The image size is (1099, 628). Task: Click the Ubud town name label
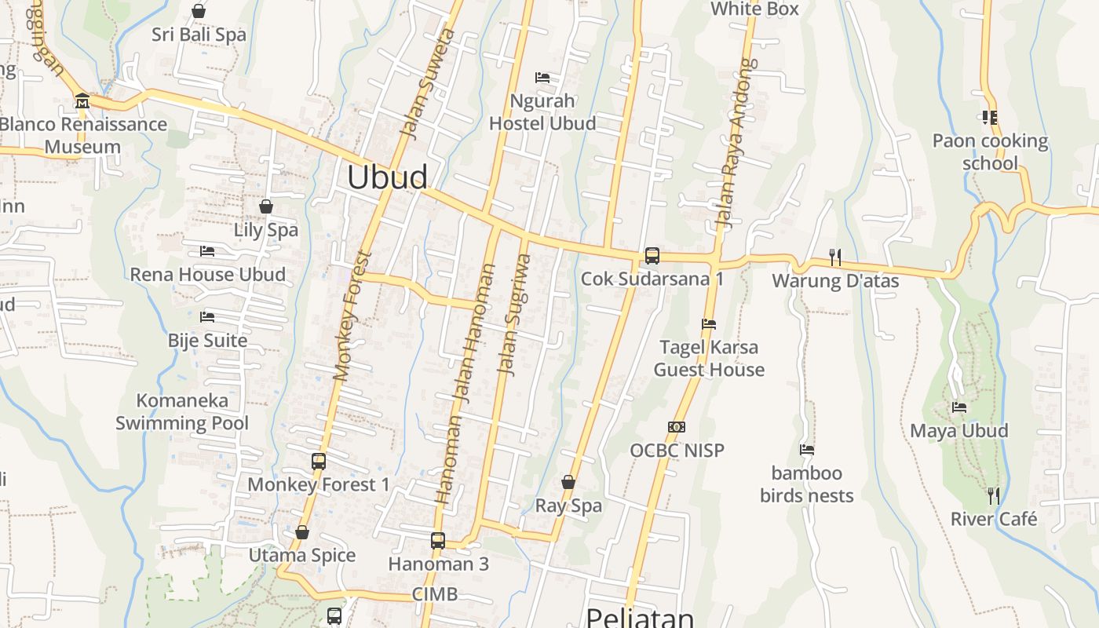click(x=387, y=177)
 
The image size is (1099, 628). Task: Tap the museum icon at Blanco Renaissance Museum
click(x=82, y=101)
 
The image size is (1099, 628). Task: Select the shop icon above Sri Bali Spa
click(x=199, y=11)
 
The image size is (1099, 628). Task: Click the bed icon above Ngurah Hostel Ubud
click(x=542, y=78)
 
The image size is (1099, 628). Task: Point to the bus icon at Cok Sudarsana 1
click(x=652, y=255)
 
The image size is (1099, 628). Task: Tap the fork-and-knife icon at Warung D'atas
click(x=835, y=257)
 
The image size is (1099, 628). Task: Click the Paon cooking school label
click(x=990, y=152)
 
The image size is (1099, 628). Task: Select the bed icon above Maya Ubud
click(x=959, y=407)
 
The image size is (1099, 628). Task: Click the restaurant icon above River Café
click(x=994, y=495)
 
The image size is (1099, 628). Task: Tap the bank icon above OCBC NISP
click(x=677, y=427)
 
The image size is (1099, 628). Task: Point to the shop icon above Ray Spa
click(x=568, y=482)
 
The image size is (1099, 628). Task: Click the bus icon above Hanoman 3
click(x=438, y=540)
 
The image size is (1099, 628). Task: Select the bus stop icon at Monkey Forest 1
click(x=318, y=462)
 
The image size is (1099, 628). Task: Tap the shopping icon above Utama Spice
click(x=302, y=532)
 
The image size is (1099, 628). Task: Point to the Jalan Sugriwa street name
click(x=515, y=314)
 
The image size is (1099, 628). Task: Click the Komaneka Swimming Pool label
click(x=182, y=412)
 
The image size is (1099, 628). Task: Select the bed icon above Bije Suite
click(x=207, y=317)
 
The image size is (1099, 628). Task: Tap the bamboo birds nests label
click(x=806, y=484)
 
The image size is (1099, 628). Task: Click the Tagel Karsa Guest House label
click(x=709, y=359)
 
